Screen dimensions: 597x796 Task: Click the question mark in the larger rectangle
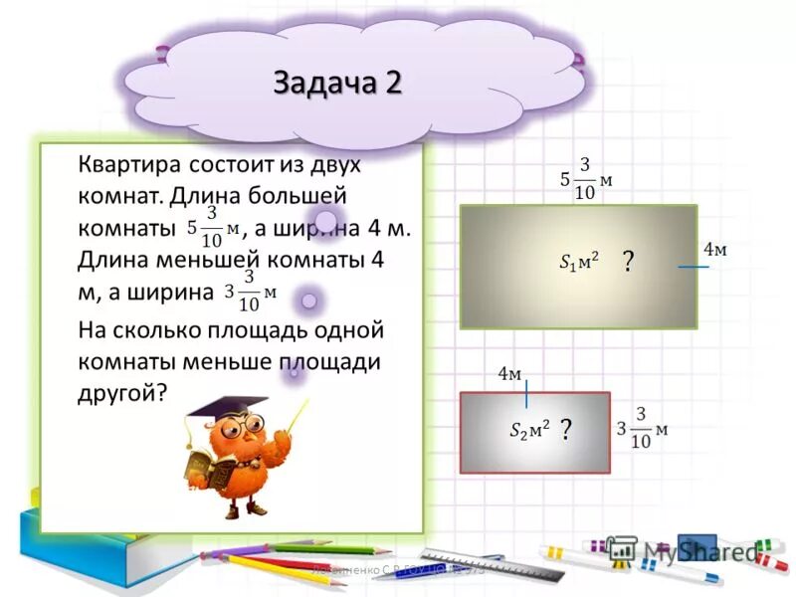coord(628,262)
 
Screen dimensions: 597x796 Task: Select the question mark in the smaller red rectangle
coord(565,430)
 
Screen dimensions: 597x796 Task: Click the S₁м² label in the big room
coord(578,263)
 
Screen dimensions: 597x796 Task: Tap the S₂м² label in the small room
coord(528,430)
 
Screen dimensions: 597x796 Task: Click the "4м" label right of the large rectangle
coord(715,250)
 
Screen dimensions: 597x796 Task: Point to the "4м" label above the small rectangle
coord(509,373)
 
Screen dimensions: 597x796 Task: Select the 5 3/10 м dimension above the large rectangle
coord(586,178)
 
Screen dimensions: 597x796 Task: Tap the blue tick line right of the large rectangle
coord(694,267)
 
